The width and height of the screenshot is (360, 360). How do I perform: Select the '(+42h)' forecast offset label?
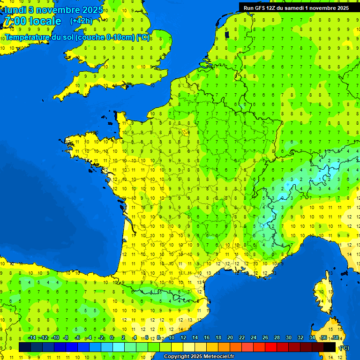click(x=81, y=21)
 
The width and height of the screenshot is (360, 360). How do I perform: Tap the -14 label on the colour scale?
click(x=32, y=337)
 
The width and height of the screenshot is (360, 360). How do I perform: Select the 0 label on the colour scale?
click(x=112, y=337)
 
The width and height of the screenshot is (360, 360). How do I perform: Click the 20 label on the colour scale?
click(x=230, y=337)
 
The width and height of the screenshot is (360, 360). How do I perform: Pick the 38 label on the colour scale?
click(x=335, y=337)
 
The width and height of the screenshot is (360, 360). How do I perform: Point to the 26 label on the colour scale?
click(x=265, y=337)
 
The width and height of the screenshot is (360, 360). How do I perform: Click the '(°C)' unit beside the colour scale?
click(x=344, y=347)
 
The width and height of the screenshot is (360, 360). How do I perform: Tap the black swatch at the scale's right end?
click(x=330, y=347)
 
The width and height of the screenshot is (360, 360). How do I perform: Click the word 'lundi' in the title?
click(x=15, y=10)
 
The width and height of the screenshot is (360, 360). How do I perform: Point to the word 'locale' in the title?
click(x=45, y=21)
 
